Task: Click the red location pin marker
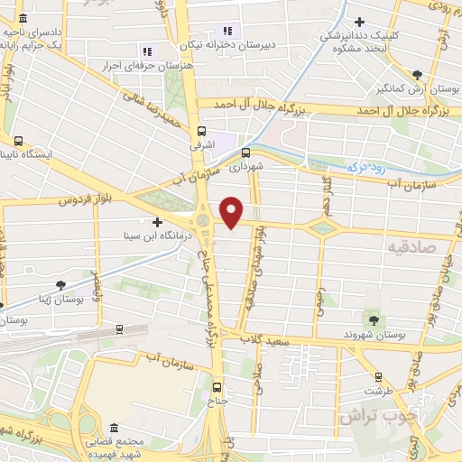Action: click(232, 210)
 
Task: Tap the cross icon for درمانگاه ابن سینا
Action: click(158, 222)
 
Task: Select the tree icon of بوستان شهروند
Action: click(374, 319)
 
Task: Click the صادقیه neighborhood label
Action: click(411, 245)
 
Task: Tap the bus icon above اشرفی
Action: click(202, 130)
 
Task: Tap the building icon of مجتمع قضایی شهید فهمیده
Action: click(113, 428)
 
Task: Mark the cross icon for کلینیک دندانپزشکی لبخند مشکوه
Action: click(360, 22)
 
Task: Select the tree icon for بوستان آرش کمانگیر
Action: click(416, 76)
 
